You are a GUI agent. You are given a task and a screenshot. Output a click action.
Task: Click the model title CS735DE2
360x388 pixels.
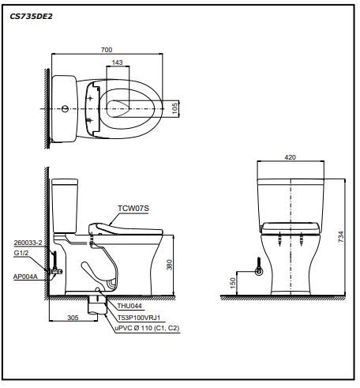click(x=31, y=17)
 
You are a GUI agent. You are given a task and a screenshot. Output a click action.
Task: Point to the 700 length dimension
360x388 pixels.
click(x=107, y=50)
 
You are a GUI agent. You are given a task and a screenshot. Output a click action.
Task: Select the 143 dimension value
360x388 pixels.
click(x=117, y=62)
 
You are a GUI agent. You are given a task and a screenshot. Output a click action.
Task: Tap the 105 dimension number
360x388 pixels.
click(x=175, y=108)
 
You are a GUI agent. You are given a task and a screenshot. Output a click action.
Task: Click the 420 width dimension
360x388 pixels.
click(x=290, y=157)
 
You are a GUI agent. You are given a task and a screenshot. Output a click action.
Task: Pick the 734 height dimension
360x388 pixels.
click(x=341, y=236)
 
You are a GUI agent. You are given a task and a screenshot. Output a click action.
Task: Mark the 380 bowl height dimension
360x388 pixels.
click(x=169, y=265)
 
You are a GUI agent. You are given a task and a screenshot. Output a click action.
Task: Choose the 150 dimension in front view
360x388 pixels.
click(x=233, y=283)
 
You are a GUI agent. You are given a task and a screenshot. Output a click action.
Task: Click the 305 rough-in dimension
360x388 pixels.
click(x=73, y=318)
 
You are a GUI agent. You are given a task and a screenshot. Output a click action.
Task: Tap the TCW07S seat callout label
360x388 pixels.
click(x=133, y=208)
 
